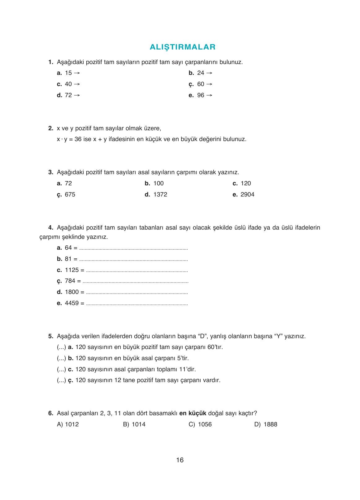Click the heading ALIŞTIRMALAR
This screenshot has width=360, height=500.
(182, 47)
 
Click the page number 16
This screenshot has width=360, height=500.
(180, 460)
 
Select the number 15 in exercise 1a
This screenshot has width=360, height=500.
(68, 73)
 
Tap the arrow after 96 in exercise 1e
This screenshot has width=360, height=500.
(209, 95)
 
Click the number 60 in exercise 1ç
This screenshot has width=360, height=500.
(201, 84)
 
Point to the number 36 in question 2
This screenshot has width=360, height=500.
(78, 139)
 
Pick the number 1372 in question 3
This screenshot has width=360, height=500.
(160, 195)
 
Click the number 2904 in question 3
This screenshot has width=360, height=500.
(247, 195)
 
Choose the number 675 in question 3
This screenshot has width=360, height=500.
(70, 195)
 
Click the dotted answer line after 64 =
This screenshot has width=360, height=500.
(133, 248)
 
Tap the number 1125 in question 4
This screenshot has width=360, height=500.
(72, 270)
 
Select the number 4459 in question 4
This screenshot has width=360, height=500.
(72, 303)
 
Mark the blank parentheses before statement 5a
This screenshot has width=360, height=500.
(61, 347)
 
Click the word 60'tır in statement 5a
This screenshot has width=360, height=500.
(215, 347)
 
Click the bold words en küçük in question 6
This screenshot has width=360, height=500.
(193, 413)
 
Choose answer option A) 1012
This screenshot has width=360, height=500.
(68, 425)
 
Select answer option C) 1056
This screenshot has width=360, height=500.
(200, 425)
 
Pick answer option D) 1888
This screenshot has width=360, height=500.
(266, 425)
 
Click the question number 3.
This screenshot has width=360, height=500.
(50, 172)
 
